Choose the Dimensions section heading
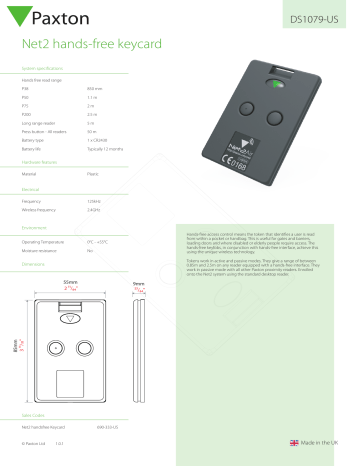click(35, 263)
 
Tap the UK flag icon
click(293, 441)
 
